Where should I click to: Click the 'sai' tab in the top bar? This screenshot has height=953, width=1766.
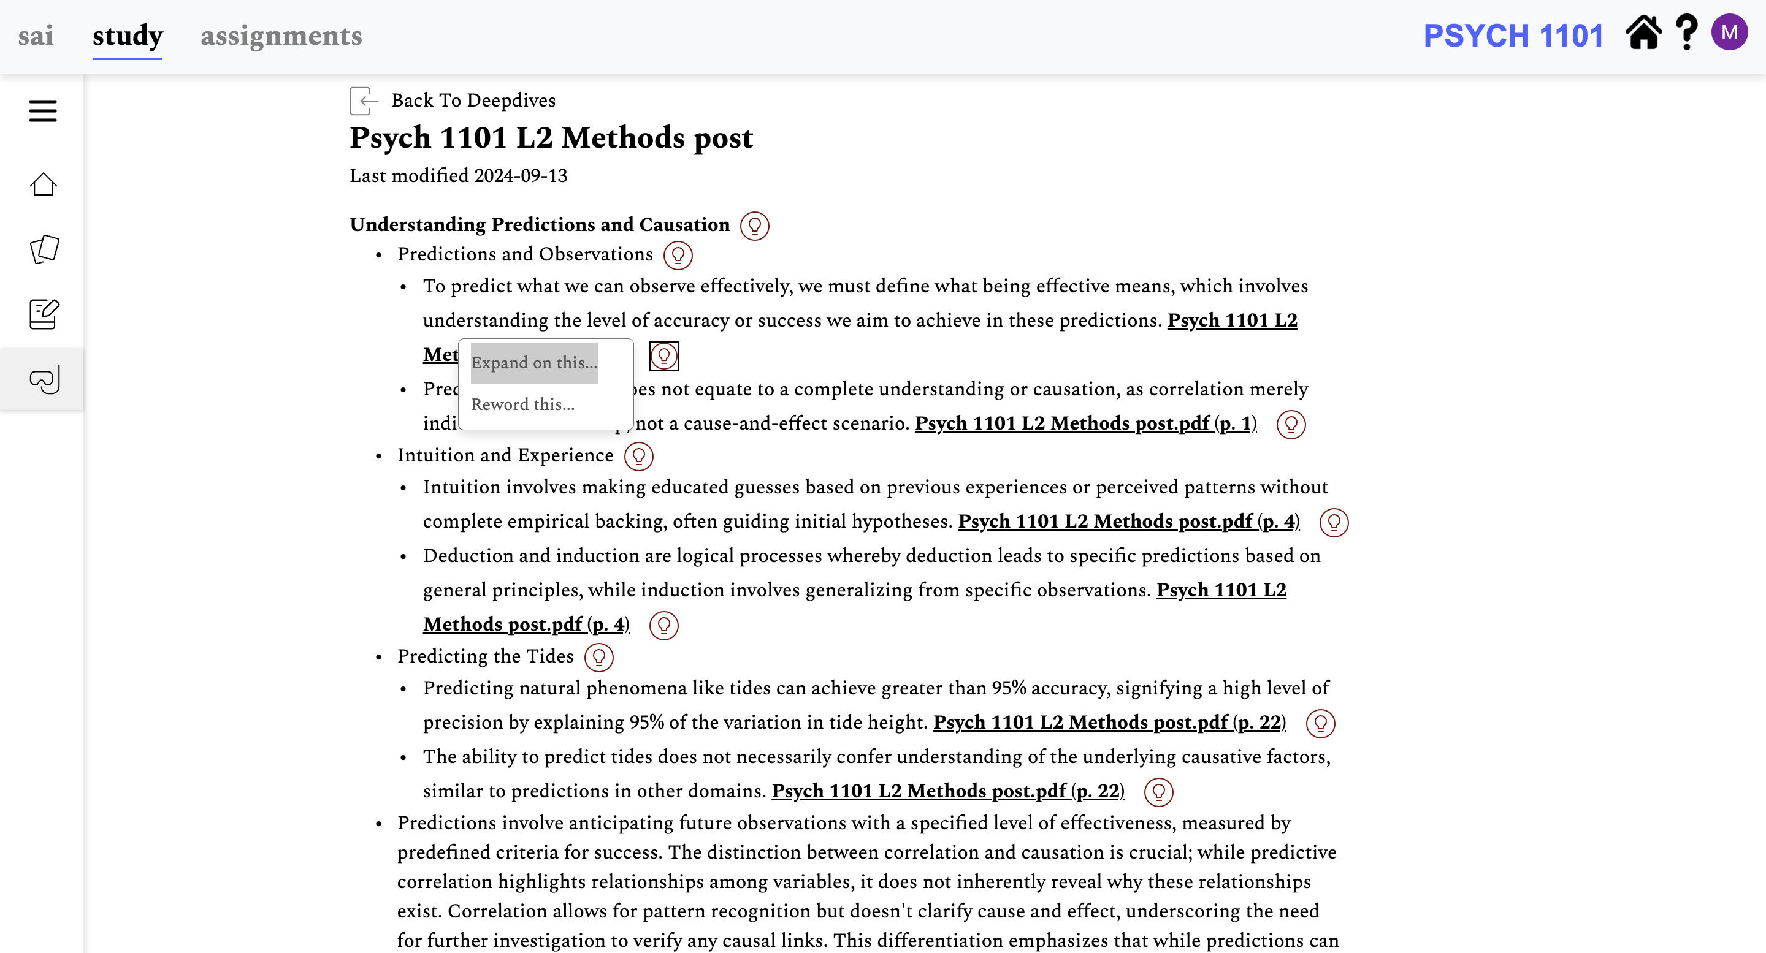(x=36, y=36)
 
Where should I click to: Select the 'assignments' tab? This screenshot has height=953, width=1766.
(x=281, y=36)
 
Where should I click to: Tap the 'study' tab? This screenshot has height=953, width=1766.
(x=128, y=36)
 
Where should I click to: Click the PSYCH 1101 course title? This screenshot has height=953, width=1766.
(x=1513, y=36)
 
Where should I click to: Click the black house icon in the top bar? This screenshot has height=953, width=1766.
(x=1643, y=33)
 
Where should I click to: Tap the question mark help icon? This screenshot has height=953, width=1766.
(x=1686, y=33)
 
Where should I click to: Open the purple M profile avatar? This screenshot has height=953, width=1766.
(x=1729, y=32)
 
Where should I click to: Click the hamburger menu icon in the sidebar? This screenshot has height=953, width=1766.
(x=42, y=111)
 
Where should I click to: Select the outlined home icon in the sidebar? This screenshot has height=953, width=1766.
(x=43, y=184)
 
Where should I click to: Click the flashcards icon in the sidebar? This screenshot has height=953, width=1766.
(x=44, y=249)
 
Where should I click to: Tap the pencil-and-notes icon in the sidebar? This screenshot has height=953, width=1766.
(x=44, y=314)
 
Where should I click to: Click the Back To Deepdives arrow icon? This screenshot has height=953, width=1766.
(x=364, y=101)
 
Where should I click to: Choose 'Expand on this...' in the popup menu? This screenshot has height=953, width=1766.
(x=534, y=362)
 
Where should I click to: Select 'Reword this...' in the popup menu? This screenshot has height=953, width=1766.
(x=523, y=404)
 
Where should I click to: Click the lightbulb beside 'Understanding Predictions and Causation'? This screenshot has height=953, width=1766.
(x=754, y=226)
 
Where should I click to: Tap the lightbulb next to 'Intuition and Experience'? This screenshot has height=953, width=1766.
(x=638, y=455)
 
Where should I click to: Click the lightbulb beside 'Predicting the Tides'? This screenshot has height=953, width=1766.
(x=598, y=657)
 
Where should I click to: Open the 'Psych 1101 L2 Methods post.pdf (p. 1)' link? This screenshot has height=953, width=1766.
(x=1085, y=423)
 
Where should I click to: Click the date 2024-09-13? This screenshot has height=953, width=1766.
(x=521, y=175)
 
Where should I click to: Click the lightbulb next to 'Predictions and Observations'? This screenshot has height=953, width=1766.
(x=678, y=255)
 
